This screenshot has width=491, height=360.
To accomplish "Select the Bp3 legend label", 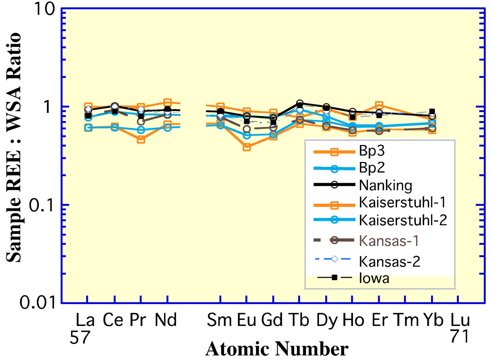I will click(x=372, y=151).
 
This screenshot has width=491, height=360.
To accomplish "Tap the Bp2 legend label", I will click(x=372, y=168).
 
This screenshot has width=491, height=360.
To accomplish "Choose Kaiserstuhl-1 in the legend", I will click(x=402, y=202).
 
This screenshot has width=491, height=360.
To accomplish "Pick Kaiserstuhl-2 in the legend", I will click(x=403, y=220).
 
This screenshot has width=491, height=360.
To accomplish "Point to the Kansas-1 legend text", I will click(x=389, y=240).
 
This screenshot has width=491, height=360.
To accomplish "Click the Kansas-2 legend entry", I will click(x=389, y=261).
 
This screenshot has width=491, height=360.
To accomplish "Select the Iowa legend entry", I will click(x=374, y=278).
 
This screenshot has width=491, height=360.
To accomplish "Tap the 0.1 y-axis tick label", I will click(x=42, y=205).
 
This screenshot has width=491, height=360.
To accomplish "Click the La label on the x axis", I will click(x=85, y=320).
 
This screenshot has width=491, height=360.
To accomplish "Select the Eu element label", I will click(x=246, y=320).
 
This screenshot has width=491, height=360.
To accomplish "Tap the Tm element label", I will click(x=406, y=320).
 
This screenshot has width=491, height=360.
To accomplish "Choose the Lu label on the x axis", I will click(x=460, y=320).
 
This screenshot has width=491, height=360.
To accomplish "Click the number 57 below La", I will click(x=80, y=337).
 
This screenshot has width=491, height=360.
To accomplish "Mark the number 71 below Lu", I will click(x=459, y=336).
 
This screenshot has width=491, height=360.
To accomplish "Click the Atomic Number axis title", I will click(x=277, y=349).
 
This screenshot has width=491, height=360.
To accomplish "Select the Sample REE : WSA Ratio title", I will click(x=14, y=147).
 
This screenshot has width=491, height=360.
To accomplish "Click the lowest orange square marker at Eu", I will click(x=247, y=147).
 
